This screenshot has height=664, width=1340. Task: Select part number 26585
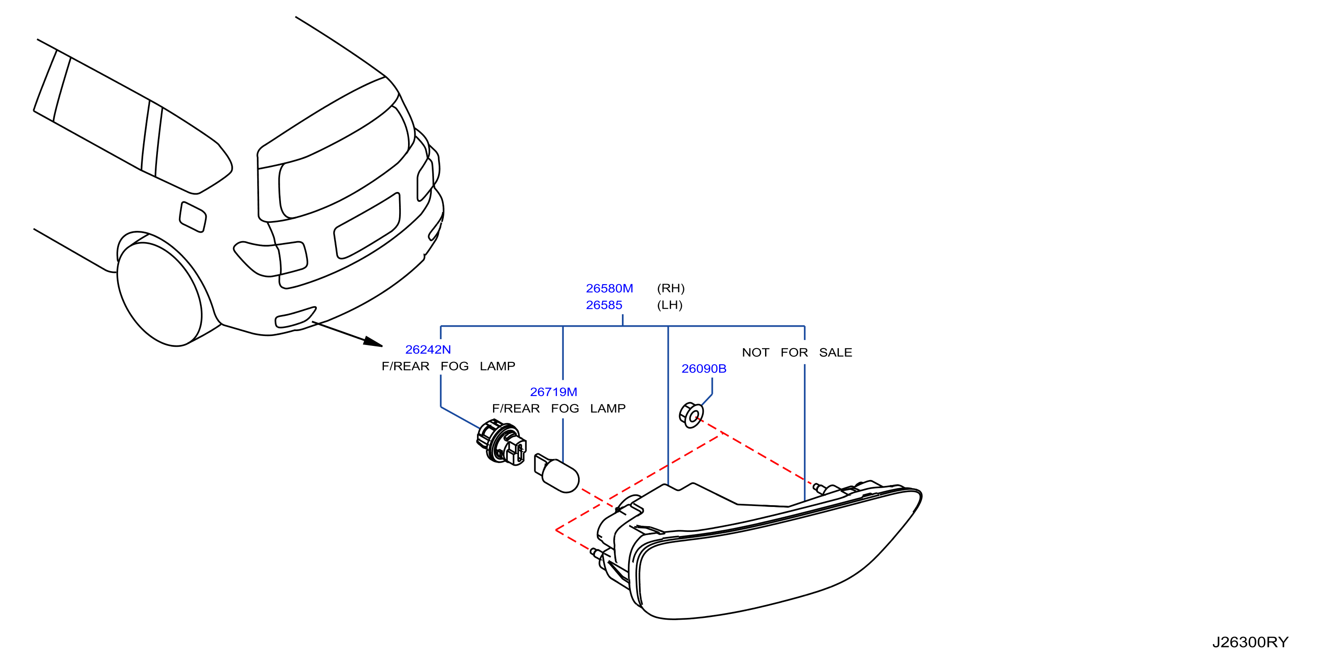[604, 305]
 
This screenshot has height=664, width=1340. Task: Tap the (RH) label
[671, 288]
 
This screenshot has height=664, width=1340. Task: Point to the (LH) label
[669, 305]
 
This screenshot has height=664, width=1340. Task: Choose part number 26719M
[553, 392]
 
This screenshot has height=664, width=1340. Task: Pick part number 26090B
[704, 368]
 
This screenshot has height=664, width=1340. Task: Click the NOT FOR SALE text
[797, 352]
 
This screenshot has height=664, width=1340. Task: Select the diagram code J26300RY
[1250, 642]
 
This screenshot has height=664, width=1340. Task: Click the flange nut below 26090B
[691, 415]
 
